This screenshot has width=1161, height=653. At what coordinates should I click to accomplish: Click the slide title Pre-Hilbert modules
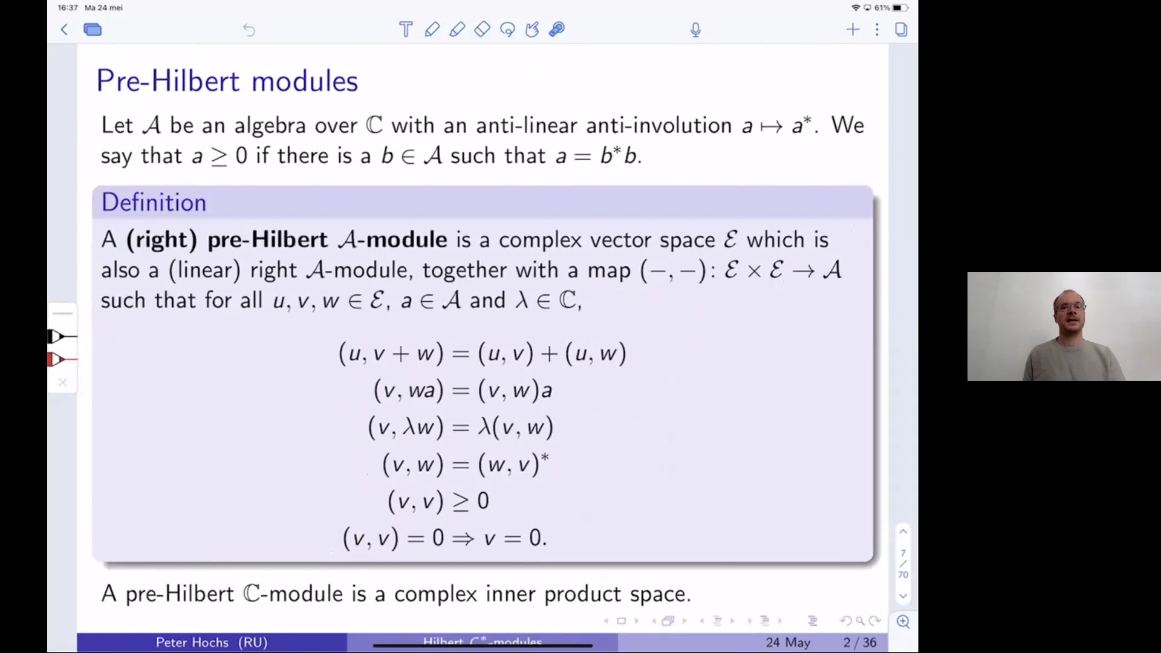pyautogui.click(x=227, y=81)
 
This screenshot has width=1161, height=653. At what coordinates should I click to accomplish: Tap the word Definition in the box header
pyautogui.click(x=154, y=203)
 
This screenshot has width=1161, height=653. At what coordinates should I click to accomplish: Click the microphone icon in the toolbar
pyautogui.click(x=695, y=30)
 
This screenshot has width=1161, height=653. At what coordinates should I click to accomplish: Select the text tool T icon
pyautogui.click(x=406, y=30)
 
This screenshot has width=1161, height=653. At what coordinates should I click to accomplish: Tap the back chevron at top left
pyautogui.click(x=64, y=30)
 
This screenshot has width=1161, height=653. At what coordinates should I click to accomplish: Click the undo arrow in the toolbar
pyautogui.click(x=249, y=30)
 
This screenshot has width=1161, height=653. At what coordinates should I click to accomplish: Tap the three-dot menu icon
pyautogui.click(x=877, y=30)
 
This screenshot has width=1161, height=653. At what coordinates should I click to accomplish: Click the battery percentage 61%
pyautogui.click(x=882, y=8)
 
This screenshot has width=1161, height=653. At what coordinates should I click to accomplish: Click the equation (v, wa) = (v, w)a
pyautogui.click(x=463, y=391)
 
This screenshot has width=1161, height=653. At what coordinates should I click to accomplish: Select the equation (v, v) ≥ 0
pyautogui.click(x=438, y=501)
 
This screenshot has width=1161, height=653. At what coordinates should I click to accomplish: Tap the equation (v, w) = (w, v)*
pyautogui.click(x=465, y=464)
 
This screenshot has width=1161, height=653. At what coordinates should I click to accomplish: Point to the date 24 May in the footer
pyautogui.click(x=788, y=642)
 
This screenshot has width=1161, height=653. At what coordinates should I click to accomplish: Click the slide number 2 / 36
pyautogui.click(x=860, y=642)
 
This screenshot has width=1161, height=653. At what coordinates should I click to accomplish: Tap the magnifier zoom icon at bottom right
pyautogui.click(x=903, y=622)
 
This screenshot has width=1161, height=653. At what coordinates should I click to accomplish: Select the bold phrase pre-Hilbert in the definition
pyautogui.click(x=267, y=240)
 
